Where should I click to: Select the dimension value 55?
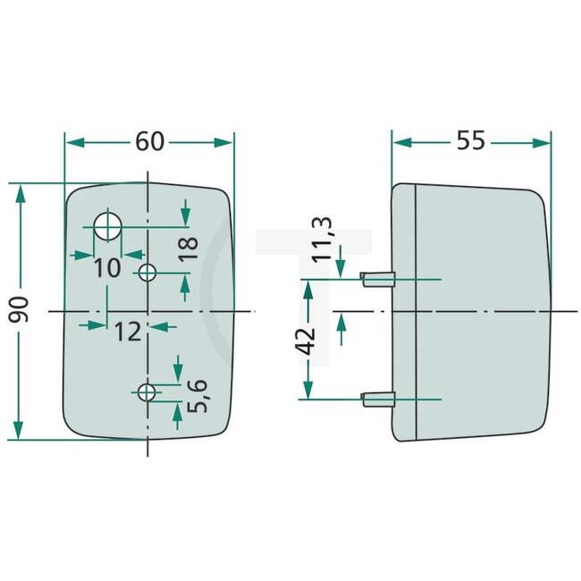[471, 141]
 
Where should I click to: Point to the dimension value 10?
[106, 266]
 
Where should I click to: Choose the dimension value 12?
[128, 333]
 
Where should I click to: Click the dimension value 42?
[306, 341]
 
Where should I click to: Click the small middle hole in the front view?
[148, 272]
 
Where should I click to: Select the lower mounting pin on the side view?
[376, 399]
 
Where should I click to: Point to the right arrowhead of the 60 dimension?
[224, 142]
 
